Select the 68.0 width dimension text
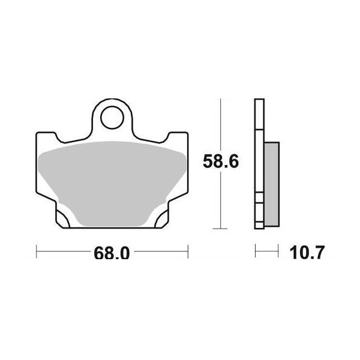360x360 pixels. tap(112, 253)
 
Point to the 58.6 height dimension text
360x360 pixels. tap(217, 161)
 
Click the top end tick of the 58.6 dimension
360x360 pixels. tap(222, 101)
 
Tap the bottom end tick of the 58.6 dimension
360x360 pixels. tap(222, 229)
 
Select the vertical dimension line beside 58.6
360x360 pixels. tap(222, 198)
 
